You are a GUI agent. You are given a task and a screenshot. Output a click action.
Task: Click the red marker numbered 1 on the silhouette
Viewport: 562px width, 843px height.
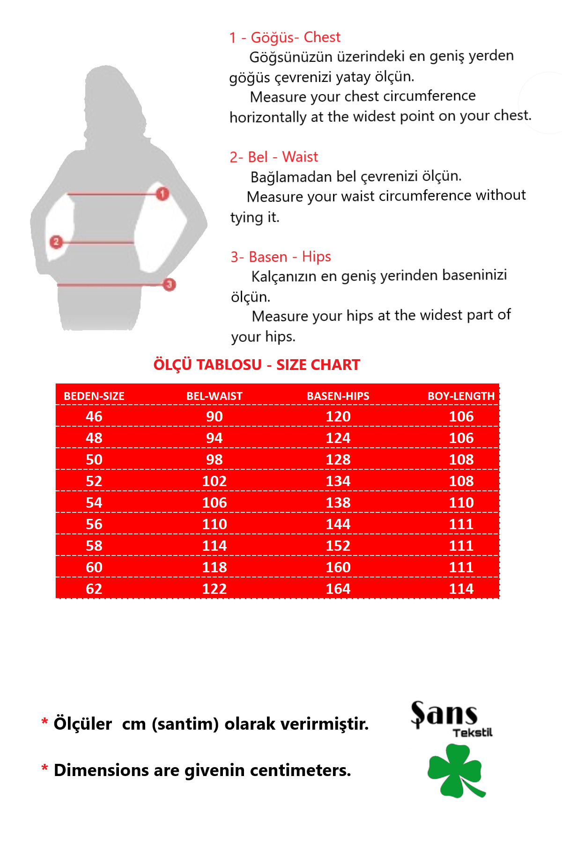pos(163,193)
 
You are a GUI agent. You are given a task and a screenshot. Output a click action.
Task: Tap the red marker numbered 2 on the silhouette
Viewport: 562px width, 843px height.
pos(56,242)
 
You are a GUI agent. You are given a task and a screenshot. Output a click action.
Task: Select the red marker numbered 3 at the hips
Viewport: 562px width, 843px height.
pos(169,284)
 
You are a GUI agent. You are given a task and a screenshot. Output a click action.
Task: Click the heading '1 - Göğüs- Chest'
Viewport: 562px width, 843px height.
pos(285,37)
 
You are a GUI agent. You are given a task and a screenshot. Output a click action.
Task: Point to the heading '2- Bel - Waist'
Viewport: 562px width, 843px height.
pos(274,157)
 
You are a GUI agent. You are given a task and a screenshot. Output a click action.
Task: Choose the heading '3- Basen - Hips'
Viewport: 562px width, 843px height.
pos(281,257)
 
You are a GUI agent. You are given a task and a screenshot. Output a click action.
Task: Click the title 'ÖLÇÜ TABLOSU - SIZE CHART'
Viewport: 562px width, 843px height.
pos(257,365)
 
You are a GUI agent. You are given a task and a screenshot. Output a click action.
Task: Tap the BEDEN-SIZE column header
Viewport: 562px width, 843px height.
pos(94,396)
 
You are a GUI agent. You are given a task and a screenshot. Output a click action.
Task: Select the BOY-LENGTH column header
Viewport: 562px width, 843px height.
pos(461,396)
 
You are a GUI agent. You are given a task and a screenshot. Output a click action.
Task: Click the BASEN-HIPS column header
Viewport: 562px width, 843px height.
pos(338,396)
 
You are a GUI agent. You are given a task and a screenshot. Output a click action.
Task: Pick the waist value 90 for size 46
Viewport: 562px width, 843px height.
pos(214,416)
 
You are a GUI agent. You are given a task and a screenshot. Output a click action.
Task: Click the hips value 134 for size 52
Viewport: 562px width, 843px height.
pos(338,481)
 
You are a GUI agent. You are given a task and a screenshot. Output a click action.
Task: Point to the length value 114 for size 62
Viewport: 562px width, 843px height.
pos(461,589)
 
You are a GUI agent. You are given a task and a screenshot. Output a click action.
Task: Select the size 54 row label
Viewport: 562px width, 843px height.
pos(94,503)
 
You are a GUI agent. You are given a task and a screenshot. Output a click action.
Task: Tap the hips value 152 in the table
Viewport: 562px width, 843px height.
pos(338,546)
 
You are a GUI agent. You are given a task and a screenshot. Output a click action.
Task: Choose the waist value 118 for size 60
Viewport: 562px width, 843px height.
pos(214,567)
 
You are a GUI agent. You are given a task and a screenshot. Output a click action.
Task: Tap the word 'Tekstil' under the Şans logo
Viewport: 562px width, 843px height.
pos(472,733)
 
